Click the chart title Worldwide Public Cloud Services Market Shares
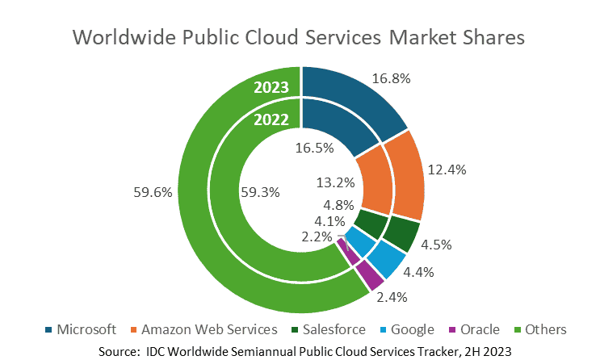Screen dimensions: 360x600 coord(299,38)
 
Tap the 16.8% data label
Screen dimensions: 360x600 coord(391,80)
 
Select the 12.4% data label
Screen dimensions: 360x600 coord(446,170)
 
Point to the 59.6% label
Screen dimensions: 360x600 coord(150,193)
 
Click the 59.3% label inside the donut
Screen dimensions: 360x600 coord(260,193)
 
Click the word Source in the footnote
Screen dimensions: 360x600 coord(119,350)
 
